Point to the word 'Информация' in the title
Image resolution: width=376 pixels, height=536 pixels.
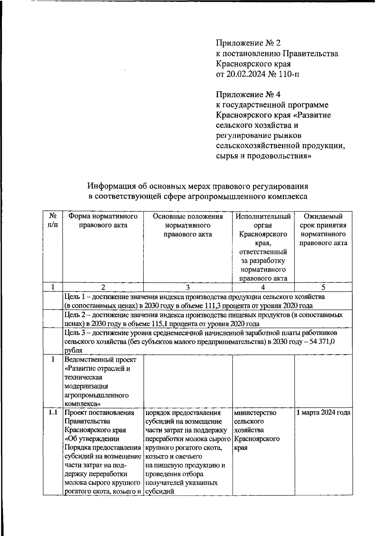(x=112, y=186)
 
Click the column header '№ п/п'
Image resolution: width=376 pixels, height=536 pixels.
(x=53, y=220)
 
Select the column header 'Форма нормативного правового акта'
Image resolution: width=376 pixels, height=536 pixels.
(x=103, y=220)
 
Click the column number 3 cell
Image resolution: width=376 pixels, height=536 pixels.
(x=188, y=287)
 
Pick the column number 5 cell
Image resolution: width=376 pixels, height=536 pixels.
(x=323, y=287)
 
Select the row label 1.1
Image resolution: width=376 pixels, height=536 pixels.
(x=53, y=412)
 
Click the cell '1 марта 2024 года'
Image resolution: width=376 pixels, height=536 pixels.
(x=323, y=412)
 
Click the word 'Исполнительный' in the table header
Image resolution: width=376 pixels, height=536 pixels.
(x=263, y=216)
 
